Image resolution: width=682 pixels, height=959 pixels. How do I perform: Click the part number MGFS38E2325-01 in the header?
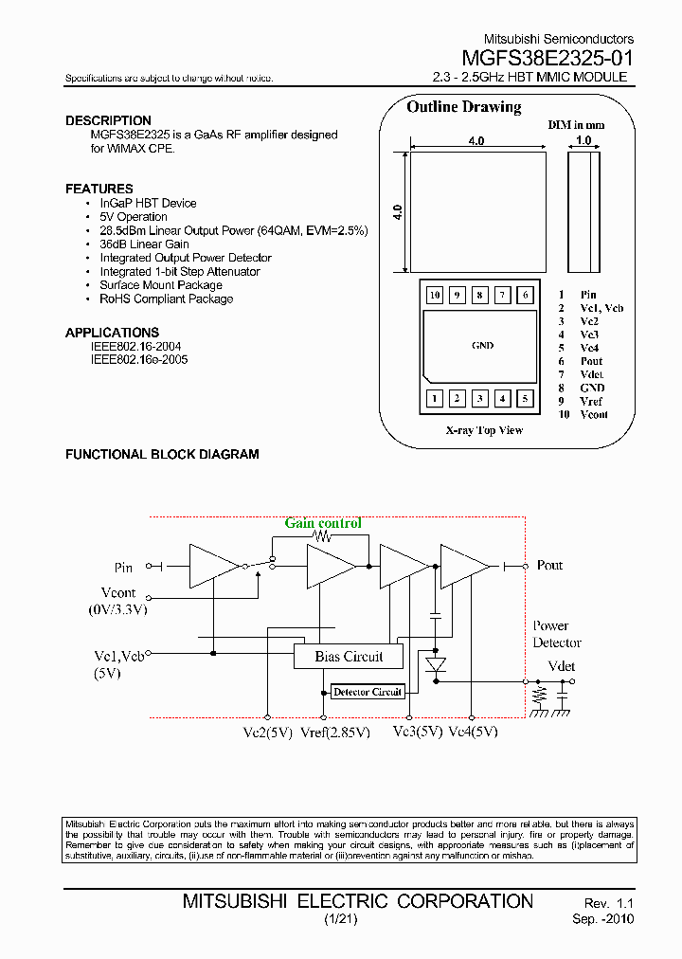[547, 58]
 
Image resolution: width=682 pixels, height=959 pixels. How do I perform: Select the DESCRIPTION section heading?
[108, 120]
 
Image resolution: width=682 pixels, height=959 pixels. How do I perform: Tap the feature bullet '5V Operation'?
[134, 217]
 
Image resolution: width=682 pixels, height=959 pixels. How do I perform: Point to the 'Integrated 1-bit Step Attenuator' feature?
[180, 271]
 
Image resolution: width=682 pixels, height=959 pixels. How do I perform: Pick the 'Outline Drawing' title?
[464, 107]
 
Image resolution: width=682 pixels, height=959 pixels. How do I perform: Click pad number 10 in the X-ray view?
[435, 295]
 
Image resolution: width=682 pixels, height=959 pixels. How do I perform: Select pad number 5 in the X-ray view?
[526, 399]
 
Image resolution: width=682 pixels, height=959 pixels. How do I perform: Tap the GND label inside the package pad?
[482, 346]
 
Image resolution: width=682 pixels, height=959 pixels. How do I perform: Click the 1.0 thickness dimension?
[583, 140]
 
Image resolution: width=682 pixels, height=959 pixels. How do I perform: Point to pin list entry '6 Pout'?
[581, 361]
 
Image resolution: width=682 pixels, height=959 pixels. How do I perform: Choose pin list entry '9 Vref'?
[581, 401]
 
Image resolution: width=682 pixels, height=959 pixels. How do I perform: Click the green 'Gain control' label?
[323, 523]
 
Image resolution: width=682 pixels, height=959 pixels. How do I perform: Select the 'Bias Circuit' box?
[349, 656]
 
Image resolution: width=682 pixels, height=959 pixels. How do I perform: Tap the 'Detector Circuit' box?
[368, 692]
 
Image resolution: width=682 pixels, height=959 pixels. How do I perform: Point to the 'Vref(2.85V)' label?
[334, 732]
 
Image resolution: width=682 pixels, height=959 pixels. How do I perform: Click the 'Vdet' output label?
[562, 666]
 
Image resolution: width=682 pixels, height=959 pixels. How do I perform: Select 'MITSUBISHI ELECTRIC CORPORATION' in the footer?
[358, 901]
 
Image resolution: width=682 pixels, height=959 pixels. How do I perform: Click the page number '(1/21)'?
[340, 920]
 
